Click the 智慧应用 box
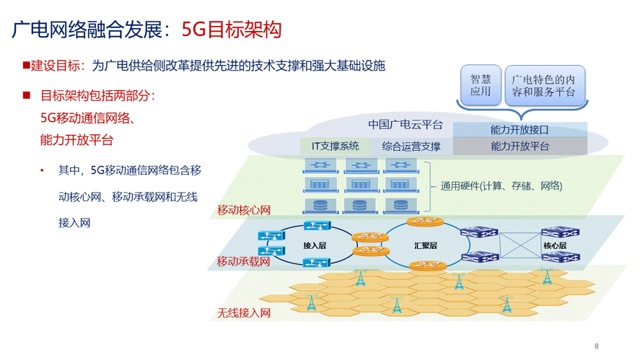(481, 85)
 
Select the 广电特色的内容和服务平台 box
(544, 85)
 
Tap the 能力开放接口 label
(519, 130)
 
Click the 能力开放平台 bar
(520, 146)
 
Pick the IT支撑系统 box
(335, 146)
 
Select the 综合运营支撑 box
(411, 146)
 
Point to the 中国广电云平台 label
(405, 125)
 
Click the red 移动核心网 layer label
(244, 211)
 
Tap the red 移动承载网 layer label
(244, 261)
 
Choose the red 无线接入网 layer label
(244, 313)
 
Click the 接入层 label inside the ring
(315, 245)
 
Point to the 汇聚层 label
(425, 245)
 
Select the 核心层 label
(554, 245)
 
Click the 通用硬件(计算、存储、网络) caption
(501, 186)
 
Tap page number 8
(596, 346)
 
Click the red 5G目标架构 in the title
(231, 30)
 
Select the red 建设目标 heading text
(56, 66)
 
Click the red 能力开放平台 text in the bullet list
(76, 140)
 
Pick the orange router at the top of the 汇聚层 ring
(425, 221)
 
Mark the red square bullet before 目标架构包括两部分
(27, 95)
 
